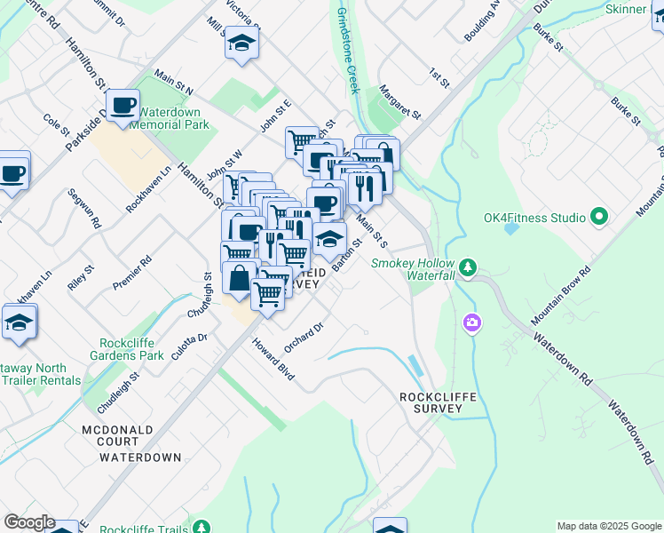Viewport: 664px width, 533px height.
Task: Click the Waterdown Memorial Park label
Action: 170,119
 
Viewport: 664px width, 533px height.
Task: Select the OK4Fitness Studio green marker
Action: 598,217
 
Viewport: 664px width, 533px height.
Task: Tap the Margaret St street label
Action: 399,104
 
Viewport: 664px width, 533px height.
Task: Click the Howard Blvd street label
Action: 272,361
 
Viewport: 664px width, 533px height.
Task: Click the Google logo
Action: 29,522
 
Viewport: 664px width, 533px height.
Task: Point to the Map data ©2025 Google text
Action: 608,526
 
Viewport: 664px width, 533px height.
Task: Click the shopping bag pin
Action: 240,277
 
